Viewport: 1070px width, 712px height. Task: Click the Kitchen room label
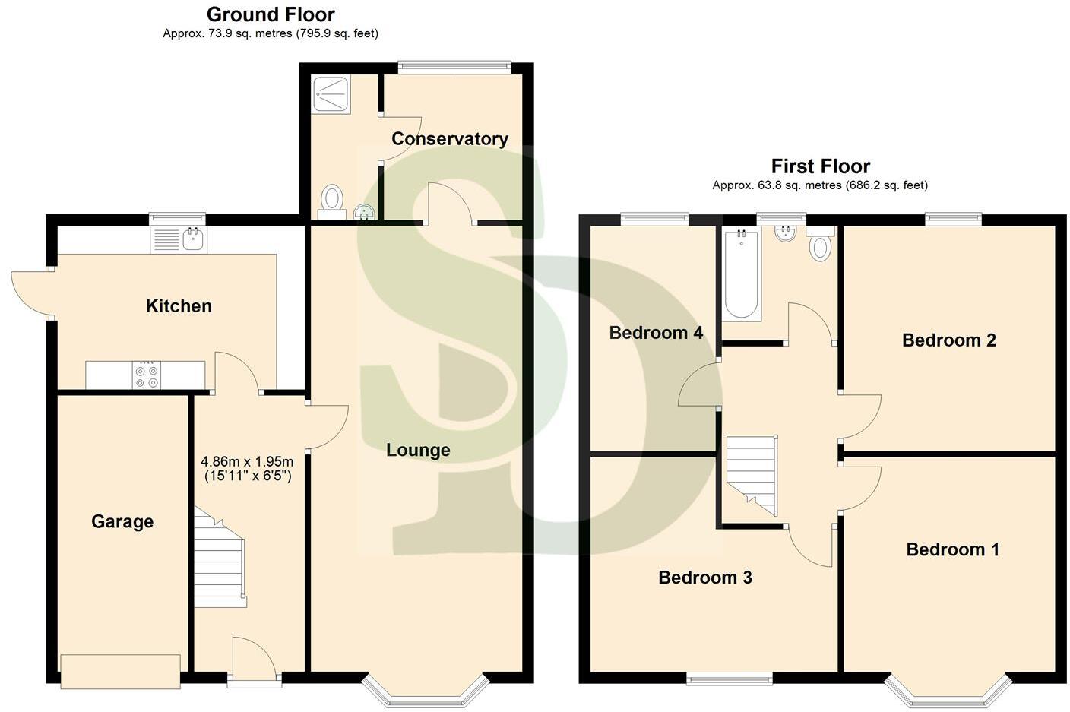[179, 306]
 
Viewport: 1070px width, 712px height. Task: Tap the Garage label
[122, 521]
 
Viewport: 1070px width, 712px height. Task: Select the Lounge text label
[418, 450]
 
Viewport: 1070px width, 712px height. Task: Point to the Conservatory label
[449, 138]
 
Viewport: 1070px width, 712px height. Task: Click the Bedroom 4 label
[656, 333]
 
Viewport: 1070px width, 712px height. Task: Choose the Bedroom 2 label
[948, 340]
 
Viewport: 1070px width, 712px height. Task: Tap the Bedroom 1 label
[952, 549]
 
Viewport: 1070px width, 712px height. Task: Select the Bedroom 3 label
[704, 578]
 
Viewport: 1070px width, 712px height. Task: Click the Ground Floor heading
[271, 14]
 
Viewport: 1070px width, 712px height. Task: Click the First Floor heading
[820, 166]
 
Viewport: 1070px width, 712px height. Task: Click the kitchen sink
[194, 240]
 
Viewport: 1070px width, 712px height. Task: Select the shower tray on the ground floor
[331, 95]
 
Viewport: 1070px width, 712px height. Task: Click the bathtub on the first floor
[741, 275]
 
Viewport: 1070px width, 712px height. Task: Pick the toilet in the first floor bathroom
[820, 246]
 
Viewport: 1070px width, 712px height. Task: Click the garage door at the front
[120, 671]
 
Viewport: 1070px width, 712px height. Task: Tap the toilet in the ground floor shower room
[331, 200]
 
